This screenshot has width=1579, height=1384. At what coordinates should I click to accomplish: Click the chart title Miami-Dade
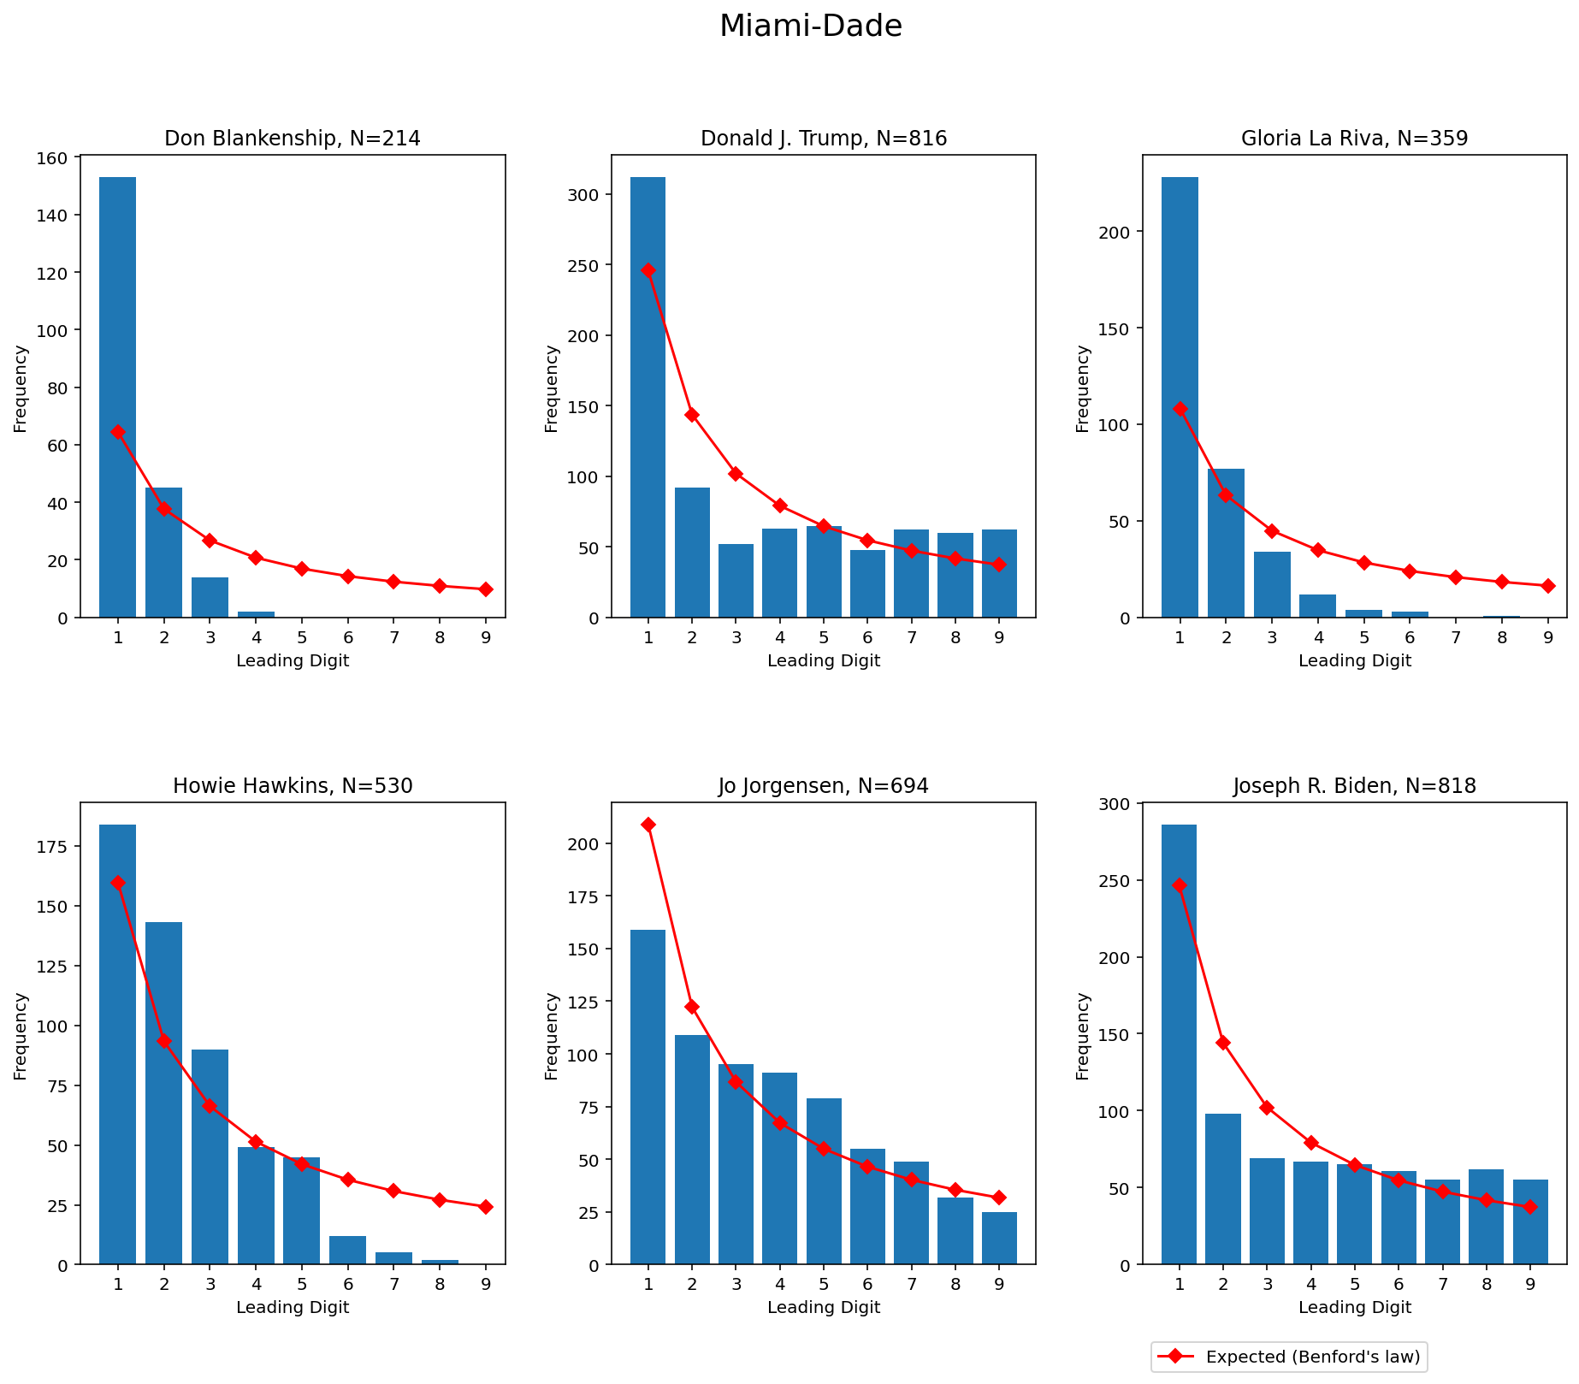point(810,27)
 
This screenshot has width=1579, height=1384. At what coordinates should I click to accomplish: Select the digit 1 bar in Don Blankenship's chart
point(117,397)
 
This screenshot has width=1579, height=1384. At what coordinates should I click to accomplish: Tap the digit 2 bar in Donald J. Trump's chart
point(692,553)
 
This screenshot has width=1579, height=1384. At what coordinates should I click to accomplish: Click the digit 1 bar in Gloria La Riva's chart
point(1180,397)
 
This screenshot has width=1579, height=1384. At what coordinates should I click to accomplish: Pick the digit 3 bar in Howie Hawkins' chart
point(210,1156)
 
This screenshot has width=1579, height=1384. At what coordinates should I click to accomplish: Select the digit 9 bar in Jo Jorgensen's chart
point(999,1238)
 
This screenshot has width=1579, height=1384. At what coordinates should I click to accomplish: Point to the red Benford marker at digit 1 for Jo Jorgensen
point(648,825)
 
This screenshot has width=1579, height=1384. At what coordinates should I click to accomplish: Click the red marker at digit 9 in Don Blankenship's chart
point(486,589)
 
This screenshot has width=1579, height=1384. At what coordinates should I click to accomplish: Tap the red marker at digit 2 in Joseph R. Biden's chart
point(1223,1043)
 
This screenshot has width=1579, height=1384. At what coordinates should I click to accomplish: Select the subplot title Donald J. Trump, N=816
point(824,139)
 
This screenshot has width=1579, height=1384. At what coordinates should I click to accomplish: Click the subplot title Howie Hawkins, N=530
point(293,786)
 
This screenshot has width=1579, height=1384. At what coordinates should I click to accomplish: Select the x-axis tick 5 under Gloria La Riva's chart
point(1363,636)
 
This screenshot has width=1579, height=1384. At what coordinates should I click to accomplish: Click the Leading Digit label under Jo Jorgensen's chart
point(824,1307)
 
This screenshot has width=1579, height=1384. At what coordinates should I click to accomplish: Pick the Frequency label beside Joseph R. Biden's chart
point(1083,1035)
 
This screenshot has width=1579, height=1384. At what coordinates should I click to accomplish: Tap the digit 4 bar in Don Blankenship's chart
point(256,614)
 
